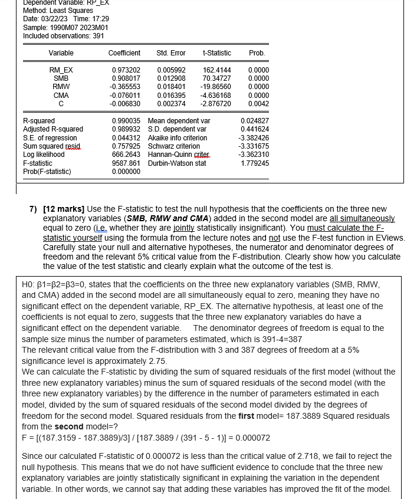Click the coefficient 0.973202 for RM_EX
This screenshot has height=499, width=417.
coord(126,70)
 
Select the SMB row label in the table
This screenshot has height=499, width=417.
coord(61,78)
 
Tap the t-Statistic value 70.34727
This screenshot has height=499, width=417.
coord(216,78)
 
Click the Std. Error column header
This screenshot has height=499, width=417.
coord(170,53)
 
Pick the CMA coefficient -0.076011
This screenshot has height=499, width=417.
coord(125,95)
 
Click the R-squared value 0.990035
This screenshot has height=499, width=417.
coord(126,121)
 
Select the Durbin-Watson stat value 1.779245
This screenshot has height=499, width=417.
coord(255,163)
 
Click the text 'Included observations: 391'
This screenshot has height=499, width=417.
coord(63,36)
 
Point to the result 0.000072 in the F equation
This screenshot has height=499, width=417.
coord(254,438)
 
